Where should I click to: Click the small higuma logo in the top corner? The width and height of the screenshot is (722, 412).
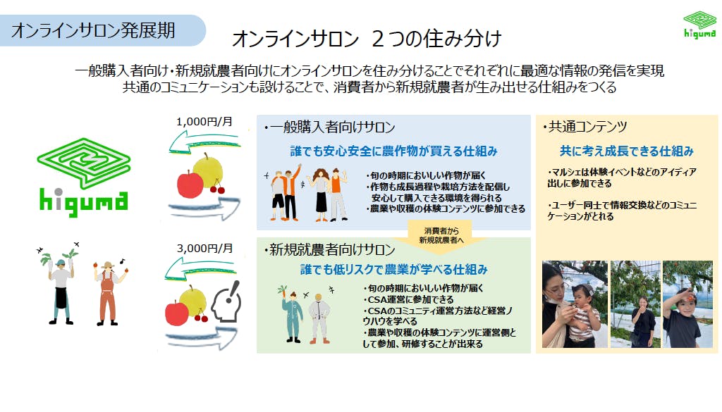(699, 25)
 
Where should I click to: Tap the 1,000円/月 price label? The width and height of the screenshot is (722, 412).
(204, 122)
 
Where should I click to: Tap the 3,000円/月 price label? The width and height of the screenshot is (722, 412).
(204, 249)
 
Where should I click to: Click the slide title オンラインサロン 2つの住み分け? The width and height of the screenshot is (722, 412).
(367, 39)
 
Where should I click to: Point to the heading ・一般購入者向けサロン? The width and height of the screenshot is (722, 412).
(329, 127)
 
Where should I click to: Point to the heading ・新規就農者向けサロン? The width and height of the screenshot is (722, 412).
(329, 250)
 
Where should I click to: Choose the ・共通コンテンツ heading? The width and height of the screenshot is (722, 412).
(585, 127)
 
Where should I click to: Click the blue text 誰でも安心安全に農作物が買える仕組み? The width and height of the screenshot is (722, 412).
(393, 151)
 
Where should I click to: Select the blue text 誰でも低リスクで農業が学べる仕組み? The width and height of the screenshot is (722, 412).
(393, 270)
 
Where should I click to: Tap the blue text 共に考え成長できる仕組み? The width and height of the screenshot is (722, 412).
(626, 151)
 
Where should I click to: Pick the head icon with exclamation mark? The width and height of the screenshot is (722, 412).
(226, 303)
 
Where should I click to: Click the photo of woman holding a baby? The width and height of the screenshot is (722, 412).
(575, 304)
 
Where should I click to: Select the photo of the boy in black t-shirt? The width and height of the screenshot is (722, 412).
(687, 304)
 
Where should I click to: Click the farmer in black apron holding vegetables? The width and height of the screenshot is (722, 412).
(60, 284)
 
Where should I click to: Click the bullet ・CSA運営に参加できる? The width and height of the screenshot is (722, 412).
(408, 299)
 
